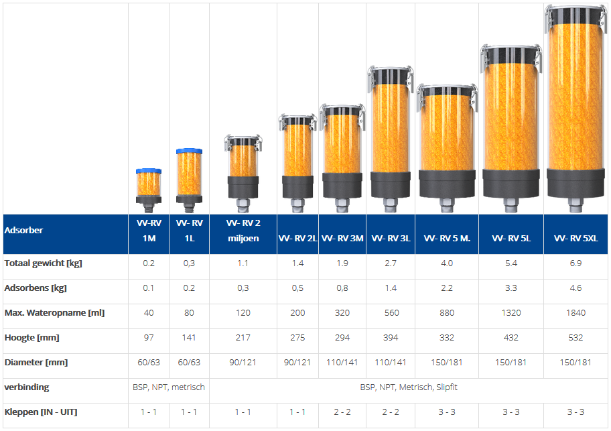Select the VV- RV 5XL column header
click(575, 238)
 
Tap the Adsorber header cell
click(23, 230)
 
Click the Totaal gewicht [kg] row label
click(43, 263)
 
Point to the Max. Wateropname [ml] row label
click(54, 313)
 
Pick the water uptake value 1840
click(575, 313)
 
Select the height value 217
click(243, 338)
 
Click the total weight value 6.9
click(575, 263)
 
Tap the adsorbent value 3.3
click(511, 288)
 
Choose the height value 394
click(391, 338)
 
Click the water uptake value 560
click(391, 313)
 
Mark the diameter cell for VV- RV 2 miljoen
click(243, 363)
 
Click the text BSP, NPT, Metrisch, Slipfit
click(409, 387)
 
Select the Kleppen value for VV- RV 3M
click(342, 412)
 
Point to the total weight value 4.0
click(447, 263)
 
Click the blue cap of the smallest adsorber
click(148, 171)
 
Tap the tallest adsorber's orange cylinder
click(576, 101)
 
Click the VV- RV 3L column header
click(391, 238)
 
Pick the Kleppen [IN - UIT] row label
click(40, 412)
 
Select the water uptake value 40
click(149, 313)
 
